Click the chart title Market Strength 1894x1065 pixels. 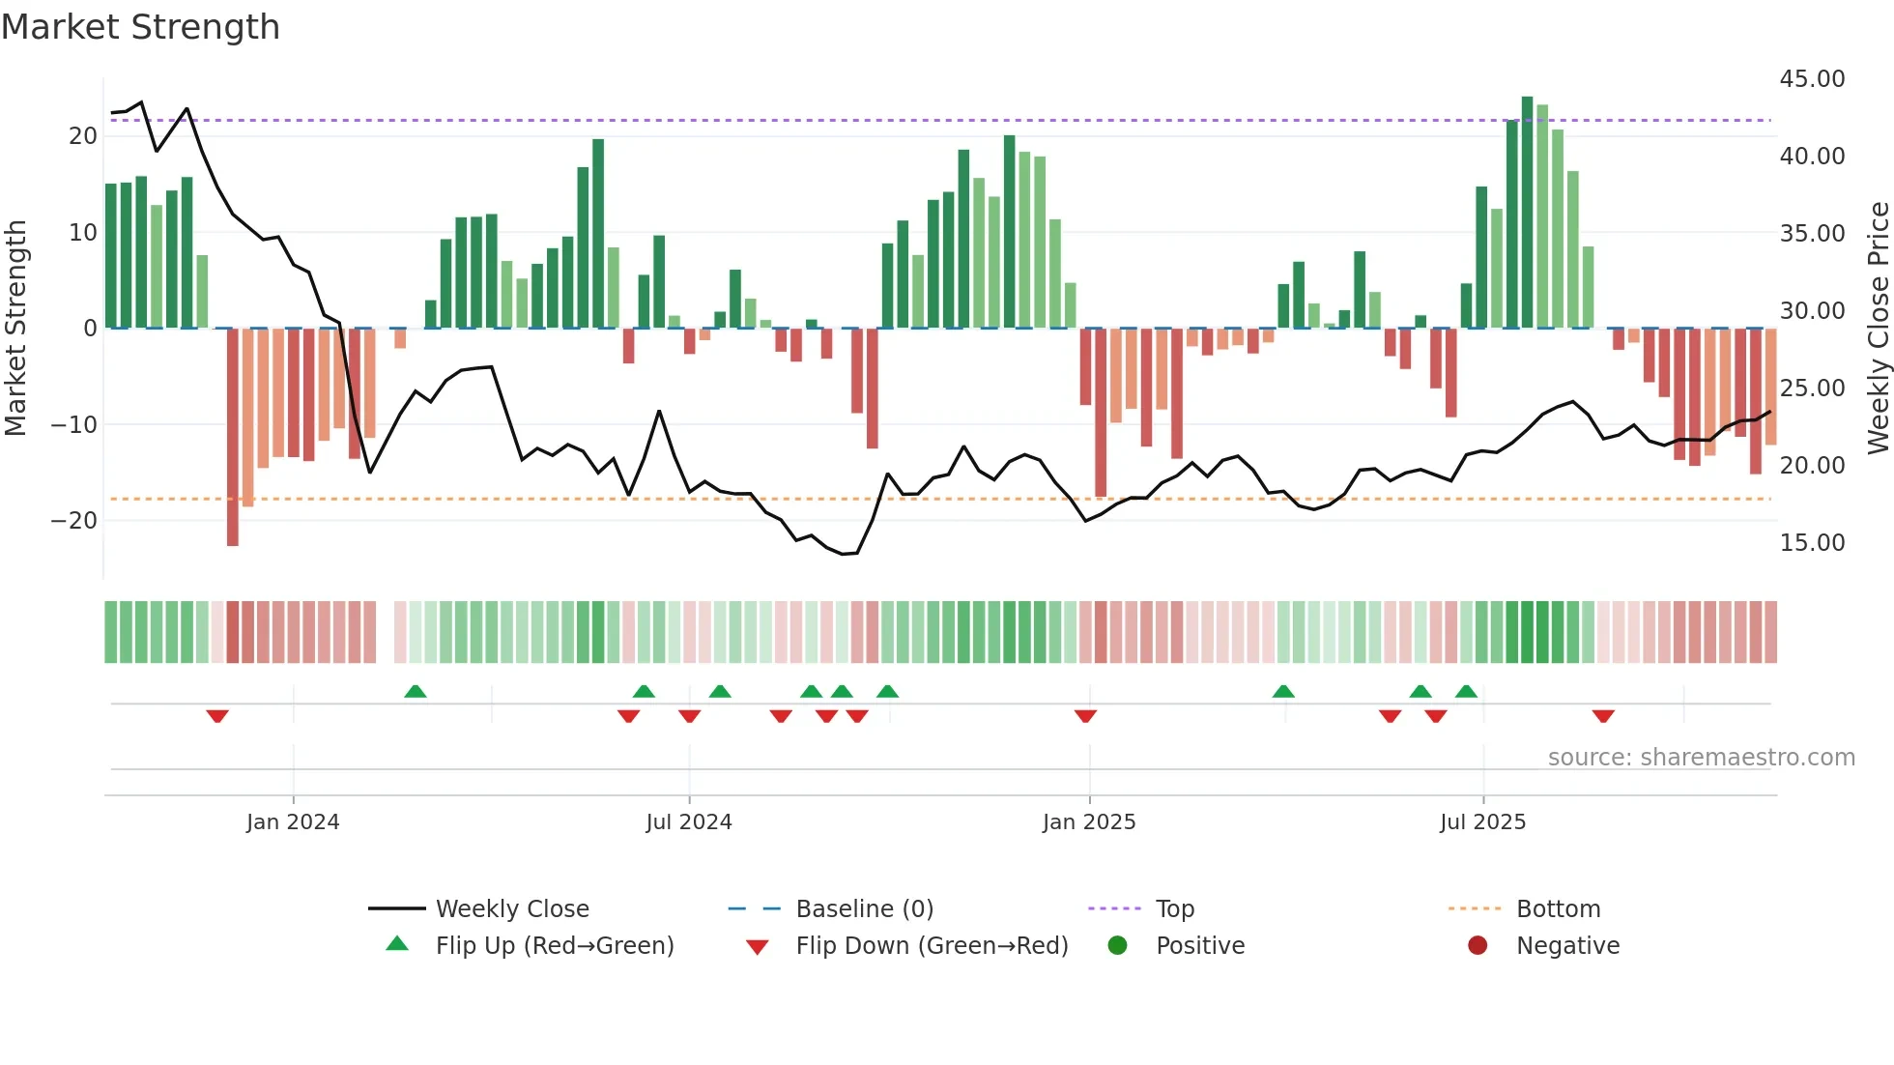click(x=141, y=27)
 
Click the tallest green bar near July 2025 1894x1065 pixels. click(x=1527, y=213)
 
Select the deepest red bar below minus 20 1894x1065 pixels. click(x=233, y=437)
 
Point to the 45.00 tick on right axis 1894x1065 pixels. click(x=1812, y=79)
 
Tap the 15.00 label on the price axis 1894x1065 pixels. click(x=1812, y=543)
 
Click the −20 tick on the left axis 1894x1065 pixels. click(x=74, y=521)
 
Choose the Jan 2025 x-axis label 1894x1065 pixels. click(x=1089, y=822)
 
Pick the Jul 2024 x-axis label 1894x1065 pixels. click(x=689, y=822)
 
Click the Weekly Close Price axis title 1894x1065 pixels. click(x=1878, y=329)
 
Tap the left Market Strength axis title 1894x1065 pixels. click(x=16, y=329)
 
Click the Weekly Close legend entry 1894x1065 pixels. click(x=511, y=909)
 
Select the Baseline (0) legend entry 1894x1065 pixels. click(x=864, y=909)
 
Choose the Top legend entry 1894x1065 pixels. click(x=1175, y=909)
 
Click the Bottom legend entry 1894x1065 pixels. click(x=1558, y=909)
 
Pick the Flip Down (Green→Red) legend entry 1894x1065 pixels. click(x=932, y=946)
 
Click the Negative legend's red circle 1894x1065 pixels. click(x=1478, y=946)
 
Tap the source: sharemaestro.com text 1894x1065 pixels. click(x=1701, y=758)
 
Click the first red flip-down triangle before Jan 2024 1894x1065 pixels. click(x=217, y=716)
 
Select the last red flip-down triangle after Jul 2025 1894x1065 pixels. click(x=1603, y=716)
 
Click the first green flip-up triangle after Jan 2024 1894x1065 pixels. click(x=416, y=691)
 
